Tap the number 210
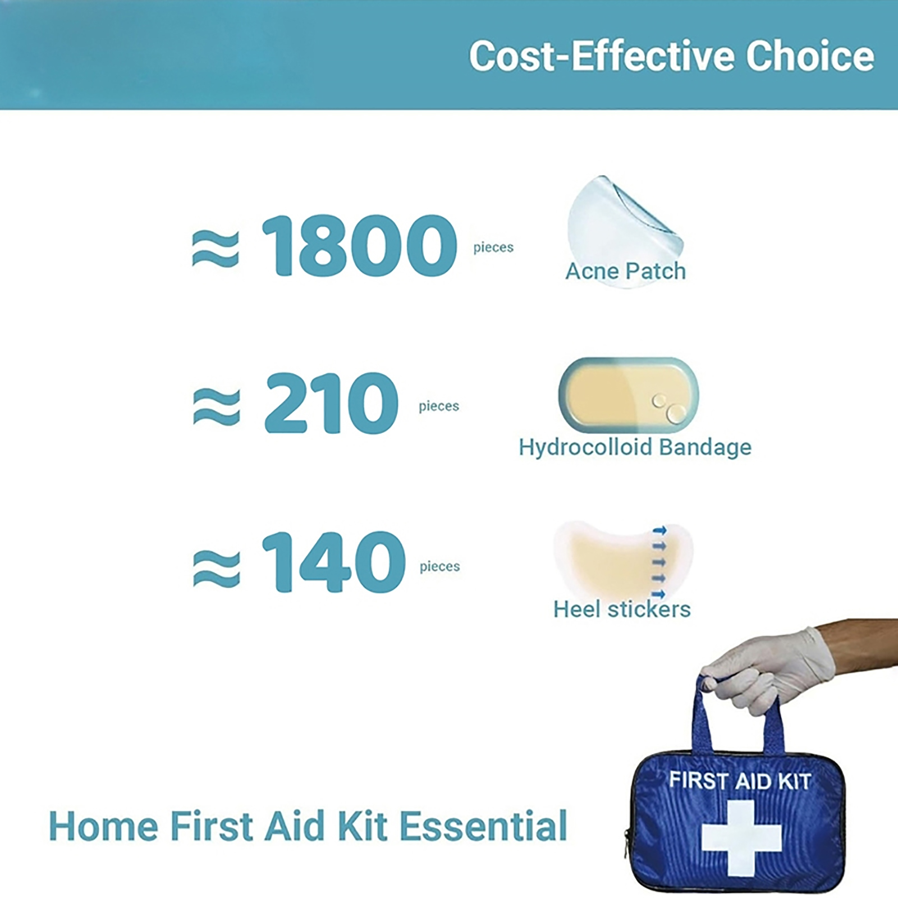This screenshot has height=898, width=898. point(331,403)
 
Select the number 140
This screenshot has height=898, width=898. point(333,562)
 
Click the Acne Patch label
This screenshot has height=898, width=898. point(625,271)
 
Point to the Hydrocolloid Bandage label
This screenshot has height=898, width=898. point(635,447)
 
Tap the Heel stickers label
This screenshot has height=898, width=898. point(622,609)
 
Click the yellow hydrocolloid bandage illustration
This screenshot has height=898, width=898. point(629,395)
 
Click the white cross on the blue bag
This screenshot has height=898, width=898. point(741,838)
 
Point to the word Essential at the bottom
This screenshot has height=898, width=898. point(483,826)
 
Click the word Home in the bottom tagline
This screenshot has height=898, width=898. point(104,826)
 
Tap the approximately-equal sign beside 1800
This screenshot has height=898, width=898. point(216,249)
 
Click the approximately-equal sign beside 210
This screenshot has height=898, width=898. point(217,406)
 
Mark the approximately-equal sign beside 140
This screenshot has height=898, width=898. point(217,568)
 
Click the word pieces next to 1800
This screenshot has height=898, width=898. point(493,248)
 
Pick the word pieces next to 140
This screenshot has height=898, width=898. point(440,567)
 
